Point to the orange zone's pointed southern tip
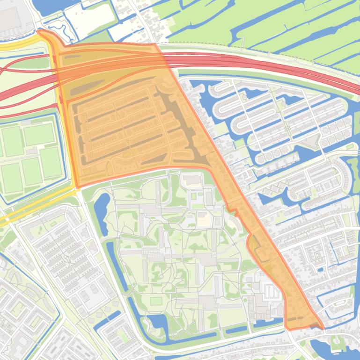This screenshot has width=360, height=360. coord(322,327)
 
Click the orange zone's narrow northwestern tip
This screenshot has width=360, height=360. coord(40,31)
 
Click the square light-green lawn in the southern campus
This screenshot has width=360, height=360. coord(156,300)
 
